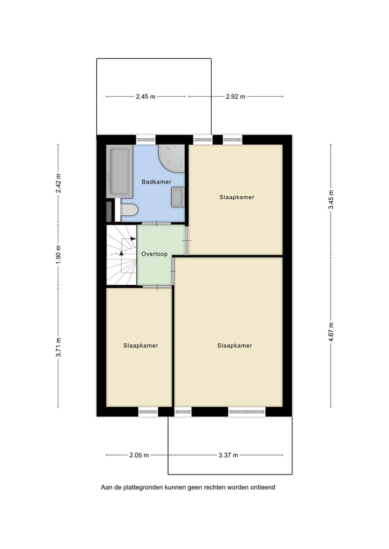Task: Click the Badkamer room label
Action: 156,182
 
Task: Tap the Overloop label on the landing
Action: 154,254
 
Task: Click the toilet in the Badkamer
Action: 129,211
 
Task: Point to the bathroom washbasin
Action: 178,196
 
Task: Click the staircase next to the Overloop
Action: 122,254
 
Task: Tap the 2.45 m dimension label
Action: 145,97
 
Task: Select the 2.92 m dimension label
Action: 236,97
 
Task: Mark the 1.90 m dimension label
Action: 58,254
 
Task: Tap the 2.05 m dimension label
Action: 139,455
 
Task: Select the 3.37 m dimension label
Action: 228,455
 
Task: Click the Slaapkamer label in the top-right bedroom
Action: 237,197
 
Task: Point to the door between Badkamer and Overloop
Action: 157,223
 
